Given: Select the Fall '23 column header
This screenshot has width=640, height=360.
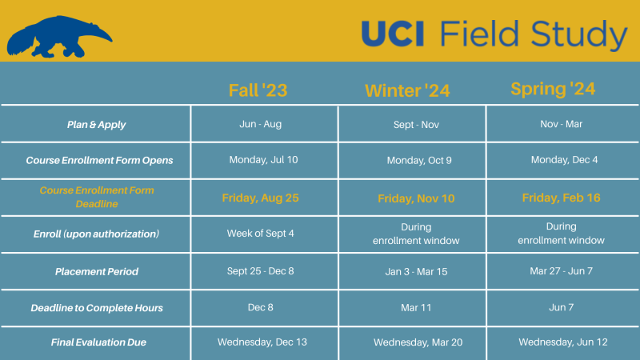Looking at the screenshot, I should click(x=258, y=90).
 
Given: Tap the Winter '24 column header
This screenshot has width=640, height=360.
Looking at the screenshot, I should click(x=407, y=91).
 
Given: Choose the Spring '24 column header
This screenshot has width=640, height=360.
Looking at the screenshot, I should click(x=553, y=89).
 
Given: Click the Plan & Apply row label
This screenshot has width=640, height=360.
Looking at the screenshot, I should click(x=96, y=125).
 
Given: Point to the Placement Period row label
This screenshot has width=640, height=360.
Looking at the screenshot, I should click(x=96, y=272).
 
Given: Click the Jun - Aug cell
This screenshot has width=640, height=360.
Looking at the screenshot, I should click(x=260, y=124).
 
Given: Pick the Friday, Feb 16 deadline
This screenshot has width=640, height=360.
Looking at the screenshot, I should click(x=561, y=198).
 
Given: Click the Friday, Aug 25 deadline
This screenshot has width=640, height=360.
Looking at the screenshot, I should click(x=260, y=198).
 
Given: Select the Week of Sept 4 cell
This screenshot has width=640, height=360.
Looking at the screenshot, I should click(x=260, y=234).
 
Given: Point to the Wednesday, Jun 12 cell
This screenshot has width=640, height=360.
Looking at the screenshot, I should click(x=563, y=342).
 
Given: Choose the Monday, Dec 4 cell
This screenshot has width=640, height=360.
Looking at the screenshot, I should click(x=564, y=160).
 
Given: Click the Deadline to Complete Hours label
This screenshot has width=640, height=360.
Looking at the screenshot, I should click(x=96, y=308).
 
